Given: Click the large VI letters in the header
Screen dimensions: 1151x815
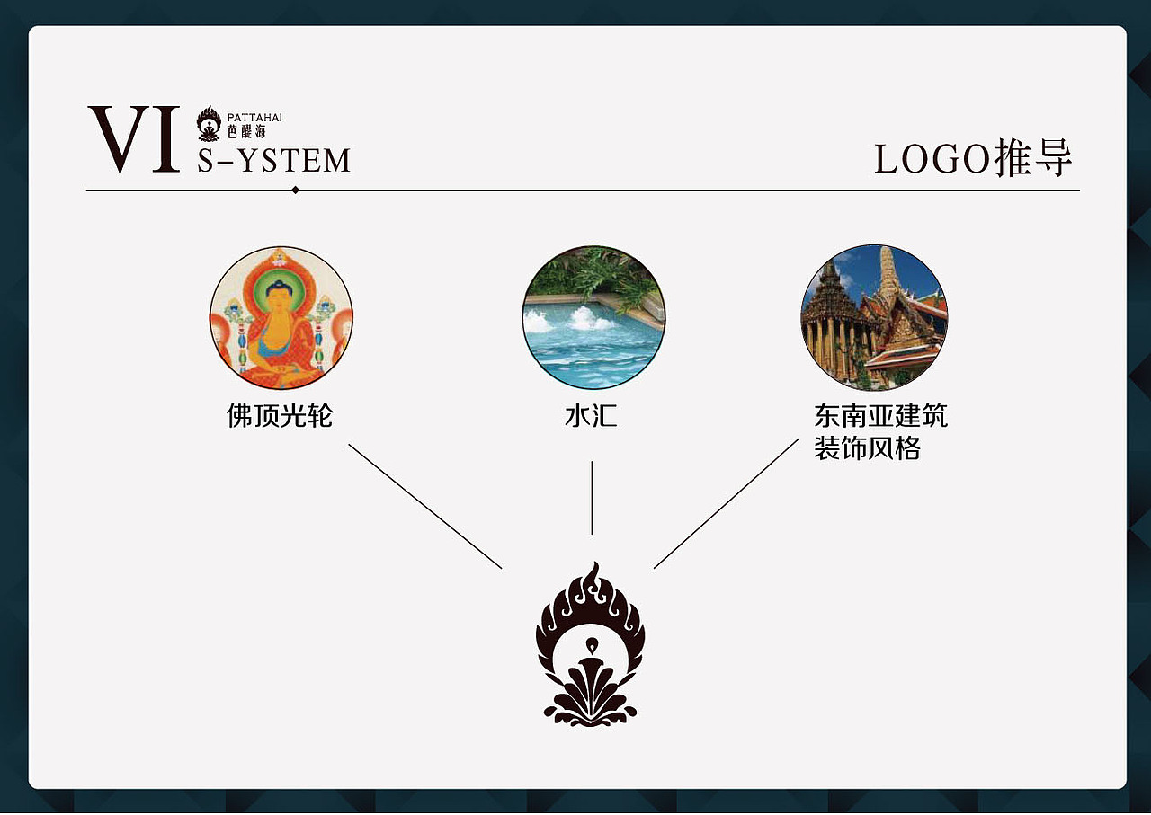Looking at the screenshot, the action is [134, 138].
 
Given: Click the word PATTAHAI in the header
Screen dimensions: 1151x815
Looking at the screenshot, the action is [254, 118].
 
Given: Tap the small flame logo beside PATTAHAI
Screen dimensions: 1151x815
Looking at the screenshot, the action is [210, 123].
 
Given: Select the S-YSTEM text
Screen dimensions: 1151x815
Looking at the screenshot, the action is [274, 160].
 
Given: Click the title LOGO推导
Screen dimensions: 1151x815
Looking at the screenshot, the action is [973, 158].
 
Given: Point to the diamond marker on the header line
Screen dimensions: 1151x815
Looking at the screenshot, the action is [296, 190].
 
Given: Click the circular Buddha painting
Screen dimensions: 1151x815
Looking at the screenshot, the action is [281, 318].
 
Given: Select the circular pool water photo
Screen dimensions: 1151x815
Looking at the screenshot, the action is [593, 318].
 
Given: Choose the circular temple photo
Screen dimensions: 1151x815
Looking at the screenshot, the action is [874, 317].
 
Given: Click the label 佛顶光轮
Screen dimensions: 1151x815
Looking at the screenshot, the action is [280, 415].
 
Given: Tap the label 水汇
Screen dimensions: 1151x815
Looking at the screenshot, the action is [592, 415].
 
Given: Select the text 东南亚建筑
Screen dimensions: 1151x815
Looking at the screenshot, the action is [880, 415].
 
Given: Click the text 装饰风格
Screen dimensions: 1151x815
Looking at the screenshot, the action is [868, 447].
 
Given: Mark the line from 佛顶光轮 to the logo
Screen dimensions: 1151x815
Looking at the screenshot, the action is [425, 507].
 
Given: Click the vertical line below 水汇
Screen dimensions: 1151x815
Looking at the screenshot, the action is [592, 498].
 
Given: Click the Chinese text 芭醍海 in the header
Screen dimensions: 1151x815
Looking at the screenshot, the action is [246, 132].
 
